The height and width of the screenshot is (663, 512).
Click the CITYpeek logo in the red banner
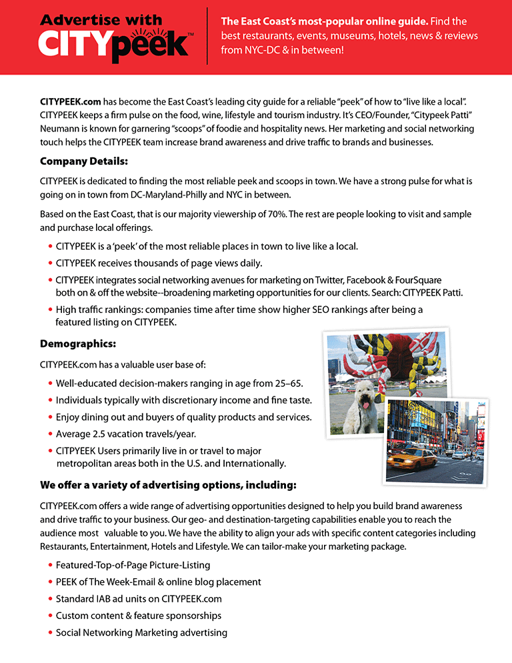tap(115, 44)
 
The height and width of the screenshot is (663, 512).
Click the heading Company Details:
tap(83, 161)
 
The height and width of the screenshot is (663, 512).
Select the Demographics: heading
tap(78, 344)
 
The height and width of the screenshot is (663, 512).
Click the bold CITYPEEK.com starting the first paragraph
tap(71, 102)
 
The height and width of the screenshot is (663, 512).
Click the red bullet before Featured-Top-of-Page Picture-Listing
tap(50, 566)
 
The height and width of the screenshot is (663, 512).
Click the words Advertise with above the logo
tap(100, 20)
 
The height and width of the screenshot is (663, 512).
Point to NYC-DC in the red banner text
tap(268, 49)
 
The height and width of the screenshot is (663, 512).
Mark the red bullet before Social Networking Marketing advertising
tap(50, 633)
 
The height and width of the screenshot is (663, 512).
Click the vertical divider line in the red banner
tap(207, 36)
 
